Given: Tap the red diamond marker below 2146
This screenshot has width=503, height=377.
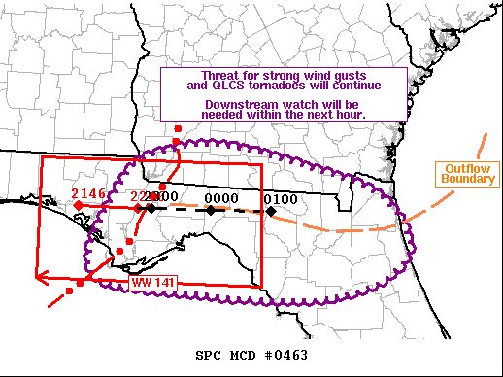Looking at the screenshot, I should pos(79,206).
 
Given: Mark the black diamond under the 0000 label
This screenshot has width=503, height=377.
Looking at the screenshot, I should pos(210,210).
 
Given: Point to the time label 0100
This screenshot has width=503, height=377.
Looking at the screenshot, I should pos(281,199).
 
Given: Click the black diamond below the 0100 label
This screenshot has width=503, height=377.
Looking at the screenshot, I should pos(272,211).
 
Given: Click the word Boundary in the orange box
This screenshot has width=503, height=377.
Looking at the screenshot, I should pos(457,179).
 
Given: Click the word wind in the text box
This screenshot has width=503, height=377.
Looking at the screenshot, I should pos(309,75).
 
